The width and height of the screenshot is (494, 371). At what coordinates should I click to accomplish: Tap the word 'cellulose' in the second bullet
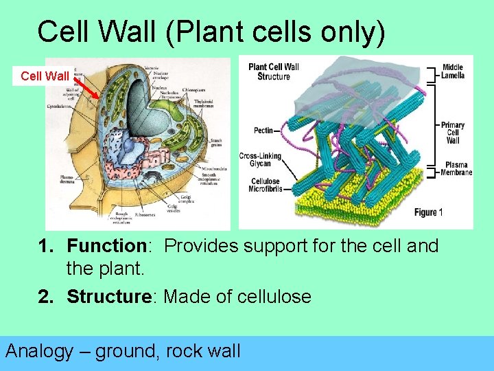coord(274,297)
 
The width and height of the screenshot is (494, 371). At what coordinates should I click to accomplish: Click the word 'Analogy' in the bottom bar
coord(39,351)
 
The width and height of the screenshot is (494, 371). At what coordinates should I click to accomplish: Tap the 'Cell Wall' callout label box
coord(45,76)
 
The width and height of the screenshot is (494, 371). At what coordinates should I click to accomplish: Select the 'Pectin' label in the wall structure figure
coord(262,130)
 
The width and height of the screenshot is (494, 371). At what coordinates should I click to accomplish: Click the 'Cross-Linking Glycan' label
coord(255,160)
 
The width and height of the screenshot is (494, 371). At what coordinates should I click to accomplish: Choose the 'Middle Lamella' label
coord(453,71)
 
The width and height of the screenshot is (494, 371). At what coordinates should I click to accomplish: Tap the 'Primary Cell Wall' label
coord(452,133)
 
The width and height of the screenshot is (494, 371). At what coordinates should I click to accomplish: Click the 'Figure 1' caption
coord(429,213)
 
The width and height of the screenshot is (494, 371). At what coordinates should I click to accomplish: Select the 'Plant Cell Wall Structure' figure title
coord(273,71)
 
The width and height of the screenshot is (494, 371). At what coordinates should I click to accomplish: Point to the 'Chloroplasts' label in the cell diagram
coord(198,90)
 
